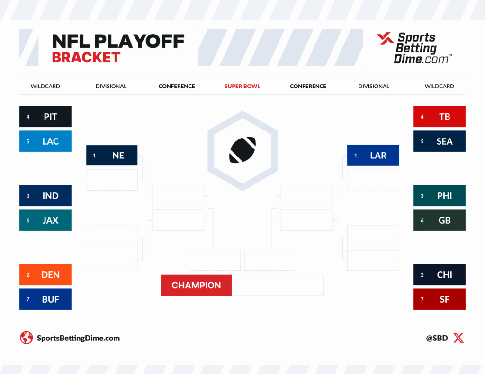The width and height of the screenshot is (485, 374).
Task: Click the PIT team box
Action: (x=45, y=117)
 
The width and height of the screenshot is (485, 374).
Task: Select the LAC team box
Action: (x=45, y=141)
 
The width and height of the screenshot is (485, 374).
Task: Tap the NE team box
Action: (x=112, y=156)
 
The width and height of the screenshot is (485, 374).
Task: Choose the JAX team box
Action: (x=45, y=220)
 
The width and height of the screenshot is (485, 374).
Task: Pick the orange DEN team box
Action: (x=45, y=275)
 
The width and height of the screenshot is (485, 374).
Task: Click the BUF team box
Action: (x=45, y=299)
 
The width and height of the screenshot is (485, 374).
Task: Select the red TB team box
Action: (x=440, y=117)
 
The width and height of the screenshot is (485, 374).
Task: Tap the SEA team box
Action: (x=440, y=141)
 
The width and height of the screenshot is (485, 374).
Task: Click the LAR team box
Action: (x=373, y=156)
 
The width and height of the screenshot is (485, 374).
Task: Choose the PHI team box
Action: (x=440, y=196)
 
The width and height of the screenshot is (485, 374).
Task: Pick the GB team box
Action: (x=440, y=220)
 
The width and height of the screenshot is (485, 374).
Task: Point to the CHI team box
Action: (x=440, y=275)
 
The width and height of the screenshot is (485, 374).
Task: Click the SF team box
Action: (x=440, y=299)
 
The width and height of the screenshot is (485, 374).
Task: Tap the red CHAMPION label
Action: (x=196, y=285)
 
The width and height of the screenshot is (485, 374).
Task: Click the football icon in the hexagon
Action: (x=242, y=150)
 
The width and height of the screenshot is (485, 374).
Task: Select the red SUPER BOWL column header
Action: (x=242, y=87)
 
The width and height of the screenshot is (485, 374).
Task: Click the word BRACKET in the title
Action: (x=86, y=58)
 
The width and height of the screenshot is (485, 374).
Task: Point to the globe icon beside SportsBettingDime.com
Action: (x=26, y=338)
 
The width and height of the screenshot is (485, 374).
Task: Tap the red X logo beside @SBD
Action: (x=458, y=338)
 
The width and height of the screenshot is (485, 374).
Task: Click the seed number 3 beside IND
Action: (x=28, y=196)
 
